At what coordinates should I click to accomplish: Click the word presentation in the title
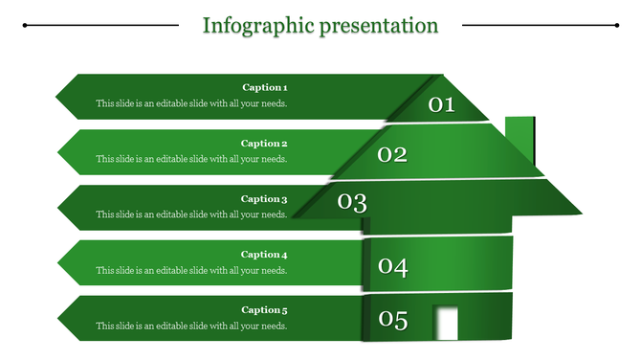377,25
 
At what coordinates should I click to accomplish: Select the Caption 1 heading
265,87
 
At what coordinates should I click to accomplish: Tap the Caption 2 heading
265,144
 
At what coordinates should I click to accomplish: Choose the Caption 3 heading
265,199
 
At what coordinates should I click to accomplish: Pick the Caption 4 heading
265,255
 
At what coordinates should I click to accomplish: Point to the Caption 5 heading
265,310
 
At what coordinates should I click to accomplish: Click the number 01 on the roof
441,104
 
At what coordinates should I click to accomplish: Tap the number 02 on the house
392,154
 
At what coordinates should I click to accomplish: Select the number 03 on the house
352,202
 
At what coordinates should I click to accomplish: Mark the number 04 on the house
392,267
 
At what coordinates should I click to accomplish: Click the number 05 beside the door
392,321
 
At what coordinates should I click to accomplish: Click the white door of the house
446,323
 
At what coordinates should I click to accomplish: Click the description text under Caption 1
191,103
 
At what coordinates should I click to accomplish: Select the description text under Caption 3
191,214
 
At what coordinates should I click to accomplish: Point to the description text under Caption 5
191,326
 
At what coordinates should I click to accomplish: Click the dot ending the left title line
24,25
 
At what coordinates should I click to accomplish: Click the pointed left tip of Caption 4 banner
59,262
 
